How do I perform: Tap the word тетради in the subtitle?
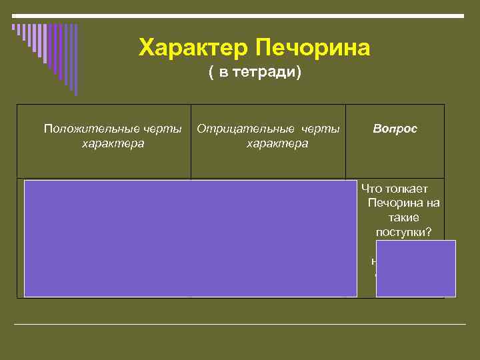[263, 73]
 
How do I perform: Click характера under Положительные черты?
[112, 143]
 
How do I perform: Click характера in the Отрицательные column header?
[277, 143]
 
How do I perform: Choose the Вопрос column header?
[395, 128]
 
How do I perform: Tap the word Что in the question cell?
[371, 189]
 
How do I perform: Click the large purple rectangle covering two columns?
[191, 238]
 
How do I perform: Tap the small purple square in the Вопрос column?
[416, 268]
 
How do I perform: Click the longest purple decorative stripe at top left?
[75, 60]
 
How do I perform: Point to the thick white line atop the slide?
[240, 15]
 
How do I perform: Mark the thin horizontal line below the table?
[240, 325]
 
